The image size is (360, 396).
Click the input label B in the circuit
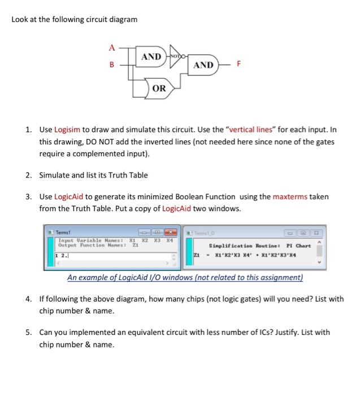point(112,65)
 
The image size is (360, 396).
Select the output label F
point(238,65)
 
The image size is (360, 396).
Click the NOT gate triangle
point(176,57)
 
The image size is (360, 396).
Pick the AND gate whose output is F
point(203,65)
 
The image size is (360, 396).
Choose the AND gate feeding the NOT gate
point(151,57)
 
